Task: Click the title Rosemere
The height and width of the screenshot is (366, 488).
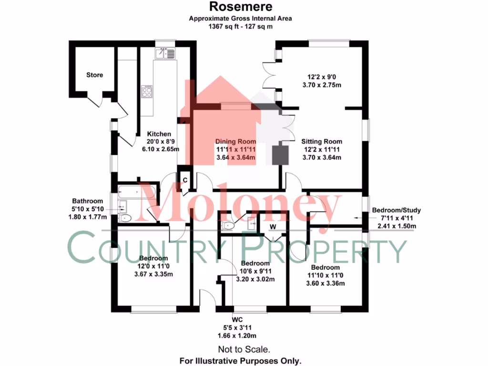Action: tap(241, 6)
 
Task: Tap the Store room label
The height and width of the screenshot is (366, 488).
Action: tap(95, 75)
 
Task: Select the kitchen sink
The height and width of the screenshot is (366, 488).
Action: tap(165, 53)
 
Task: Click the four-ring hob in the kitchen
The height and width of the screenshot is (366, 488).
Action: tap(147, 91)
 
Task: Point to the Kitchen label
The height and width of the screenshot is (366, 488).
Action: tap(159, 134)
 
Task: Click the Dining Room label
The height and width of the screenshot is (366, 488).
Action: tap(235, 142)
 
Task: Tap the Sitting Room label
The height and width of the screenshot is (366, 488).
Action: tap(322, 142)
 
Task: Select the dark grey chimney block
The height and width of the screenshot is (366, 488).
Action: tap(280, 155)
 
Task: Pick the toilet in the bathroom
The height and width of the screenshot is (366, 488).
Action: tap(125, 218)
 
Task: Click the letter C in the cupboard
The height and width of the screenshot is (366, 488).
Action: tap(185, 180)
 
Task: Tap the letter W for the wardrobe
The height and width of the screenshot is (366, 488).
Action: tap(273, 226)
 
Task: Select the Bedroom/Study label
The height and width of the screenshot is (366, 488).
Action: tap(396, 210)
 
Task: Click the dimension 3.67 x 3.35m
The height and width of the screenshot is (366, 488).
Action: tap(153, 274)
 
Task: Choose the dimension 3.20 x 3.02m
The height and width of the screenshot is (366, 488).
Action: tap(255, 279)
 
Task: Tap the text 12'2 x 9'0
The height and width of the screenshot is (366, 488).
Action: tap(322, 77)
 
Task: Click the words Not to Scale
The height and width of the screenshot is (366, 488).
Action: tap(244, 349)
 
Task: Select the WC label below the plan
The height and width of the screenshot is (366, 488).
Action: tap(237, 320)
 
